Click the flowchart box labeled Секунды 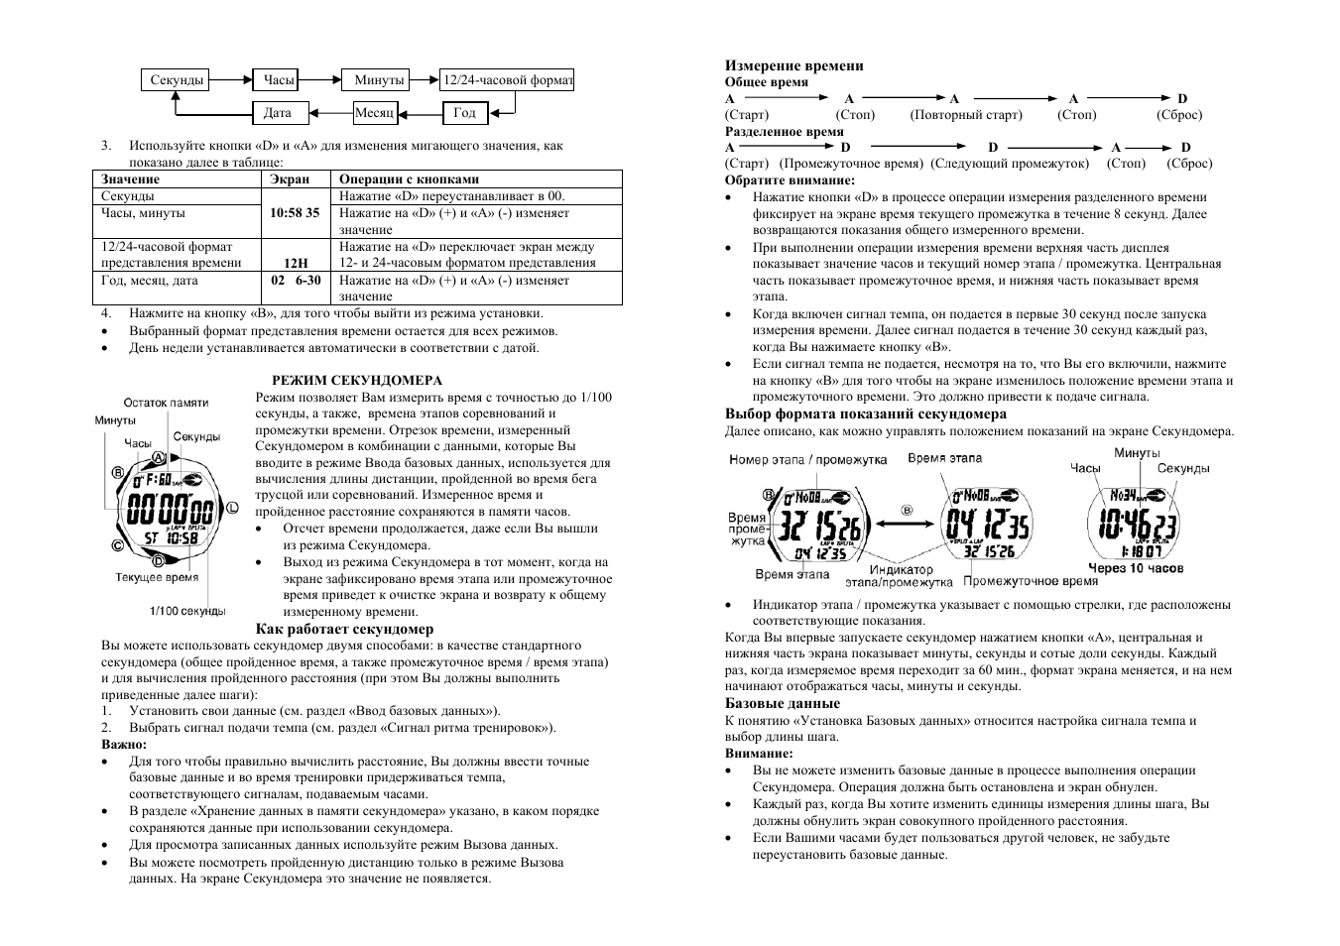[178, 80]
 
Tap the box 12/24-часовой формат [507, 80]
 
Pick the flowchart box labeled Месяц [375, 113]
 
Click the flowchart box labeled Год [464, 113]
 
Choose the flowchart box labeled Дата [278, 113]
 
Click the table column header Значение [130, 179]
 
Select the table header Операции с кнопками [409, 179]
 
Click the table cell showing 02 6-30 [296, 281]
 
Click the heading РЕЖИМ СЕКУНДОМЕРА [357, 380]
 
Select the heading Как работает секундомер [344, 629]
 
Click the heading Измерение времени [793, 66]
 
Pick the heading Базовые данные [768, 704]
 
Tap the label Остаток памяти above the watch [166, 403]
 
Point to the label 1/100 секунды [187, 611]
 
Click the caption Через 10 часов [1136, 569]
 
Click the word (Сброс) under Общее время [1178, 115]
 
